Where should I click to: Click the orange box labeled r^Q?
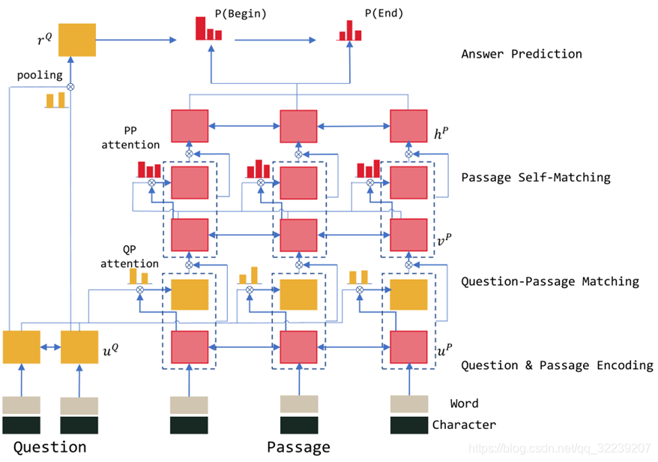[x=76, y=40]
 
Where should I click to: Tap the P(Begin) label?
[x=241, y=13]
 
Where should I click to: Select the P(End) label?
[x=384, y=13]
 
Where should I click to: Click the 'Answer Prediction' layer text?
[x=522, y=54]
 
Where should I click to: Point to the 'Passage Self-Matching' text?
[x=536, y=177]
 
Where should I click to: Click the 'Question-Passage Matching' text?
[x=550, y=281]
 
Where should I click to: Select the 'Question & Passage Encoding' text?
[x=558, y=365]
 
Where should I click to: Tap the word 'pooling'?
[x=40, y=75]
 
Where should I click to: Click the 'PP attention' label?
[x=130, y=138]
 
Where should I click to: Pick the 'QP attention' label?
[x=129, y=256]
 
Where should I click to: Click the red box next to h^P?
[x=408, y=126]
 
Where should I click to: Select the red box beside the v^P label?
[x=408, y=235]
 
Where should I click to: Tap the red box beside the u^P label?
[x=408, y=347]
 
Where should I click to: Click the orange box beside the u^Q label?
[x=79, y=347]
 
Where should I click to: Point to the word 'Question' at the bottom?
[x=50, y=447]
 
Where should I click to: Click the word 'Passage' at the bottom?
[x=299, y=448]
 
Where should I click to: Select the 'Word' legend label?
[x=464, y=403]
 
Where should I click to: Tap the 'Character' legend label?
[x=464, y=424]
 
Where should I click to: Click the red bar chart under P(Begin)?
[x=208, y=28]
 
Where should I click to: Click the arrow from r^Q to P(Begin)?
[x=136, y=40]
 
